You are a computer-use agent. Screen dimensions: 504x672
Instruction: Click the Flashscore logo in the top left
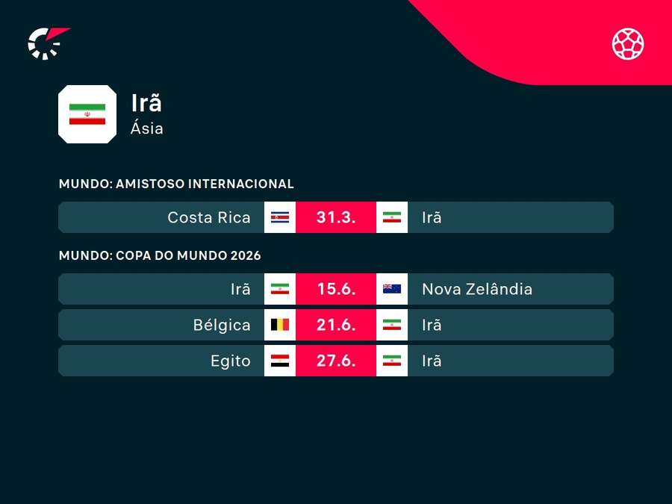pos(46,43)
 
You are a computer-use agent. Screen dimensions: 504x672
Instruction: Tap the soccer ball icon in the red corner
pos(628,43)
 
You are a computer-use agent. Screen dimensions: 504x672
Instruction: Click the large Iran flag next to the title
pos(87,113)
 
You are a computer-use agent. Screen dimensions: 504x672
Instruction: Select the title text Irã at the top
pos(146,103)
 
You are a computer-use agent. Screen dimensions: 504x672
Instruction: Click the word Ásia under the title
pos(147,128)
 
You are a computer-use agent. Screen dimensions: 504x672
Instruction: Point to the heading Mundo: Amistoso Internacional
pos(176,184)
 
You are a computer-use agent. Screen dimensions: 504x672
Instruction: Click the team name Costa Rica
pos(209,217)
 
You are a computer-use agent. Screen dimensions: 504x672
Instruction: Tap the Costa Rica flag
pos(280,217)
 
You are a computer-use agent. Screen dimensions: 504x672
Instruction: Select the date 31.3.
pos(336,217)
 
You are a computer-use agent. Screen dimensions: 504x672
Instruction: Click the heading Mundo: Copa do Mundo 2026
pos(160,255)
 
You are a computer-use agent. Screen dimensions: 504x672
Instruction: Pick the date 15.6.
pos(336,289)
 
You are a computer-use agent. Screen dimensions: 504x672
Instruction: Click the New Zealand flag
pos(392,289)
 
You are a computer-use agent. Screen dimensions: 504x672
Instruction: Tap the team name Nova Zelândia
pos(477,289)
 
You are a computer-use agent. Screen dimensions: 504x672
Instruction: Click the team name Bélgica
pos(222,325)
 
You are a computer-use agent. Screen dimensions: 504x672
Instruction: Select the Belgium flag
pos(280,325)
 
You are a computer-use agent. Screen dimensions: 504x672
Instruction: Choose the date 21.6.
pos(336,325)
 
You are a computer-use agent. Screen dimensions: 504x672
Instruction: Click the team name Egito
pos(231,361)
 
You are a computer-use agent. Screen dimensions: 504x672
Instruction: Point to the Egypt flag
pos(280,361)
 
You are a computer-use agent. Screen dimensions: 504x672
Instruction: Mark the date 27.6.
pos(336,361)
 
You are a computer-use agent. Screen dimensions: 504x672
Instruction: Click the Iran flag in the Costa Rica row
pos(392,217)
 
